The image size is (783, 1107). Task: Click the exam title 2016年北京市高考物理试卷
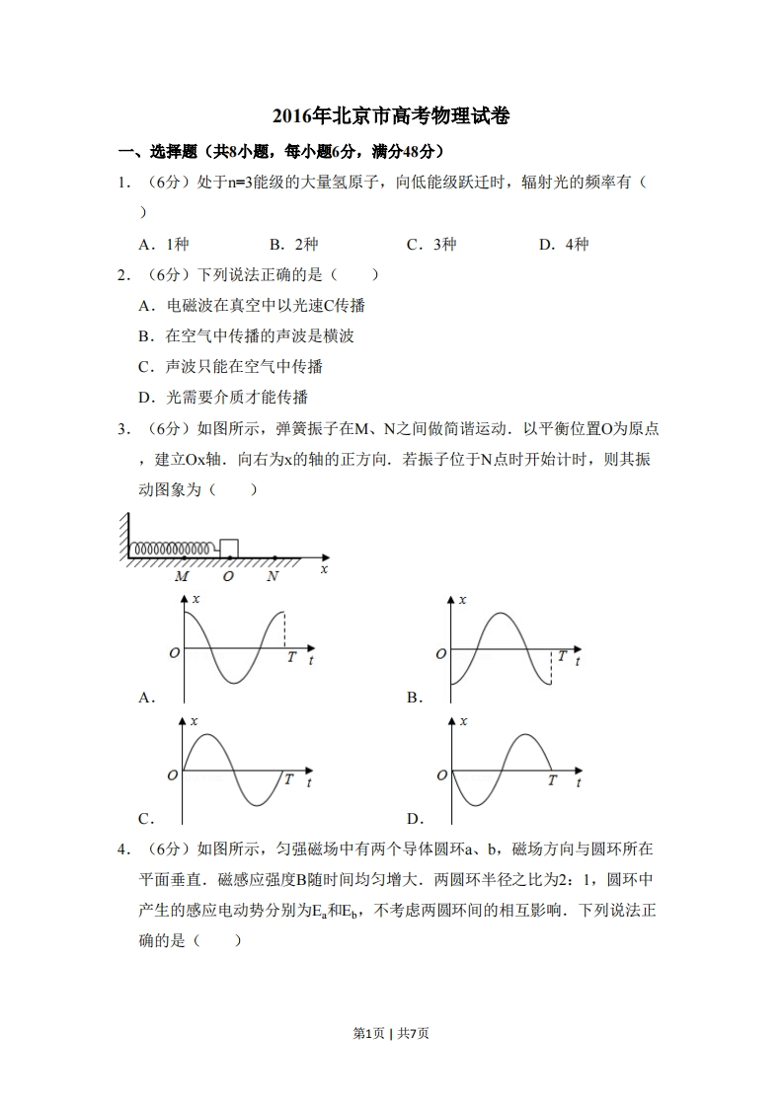coord(391,116)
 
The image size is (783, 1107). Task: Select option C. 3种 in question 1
coord(431,245)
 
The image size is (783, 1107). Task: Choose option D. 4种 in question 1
coord(564,245)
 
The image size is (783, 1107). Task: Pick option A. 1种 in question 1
coord(164,245)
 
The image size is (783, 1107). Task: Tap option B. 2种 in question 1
coord(293,245)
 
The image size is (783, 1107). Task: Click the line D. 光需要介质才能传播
coord(223,397)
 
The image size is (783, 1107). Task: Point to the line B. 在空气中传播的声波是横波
coord(246,335)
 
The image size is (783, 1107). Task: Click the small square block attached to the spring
coord(228,548)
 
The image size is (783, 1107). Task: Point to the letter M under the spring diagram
coord(182,576)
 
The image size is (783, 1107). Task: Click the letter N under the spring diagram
coord(273,576)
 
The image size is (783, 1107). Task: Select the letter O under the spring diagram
coord(228,576)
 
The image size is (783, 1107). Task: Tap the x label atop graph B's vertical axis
coord(463,600)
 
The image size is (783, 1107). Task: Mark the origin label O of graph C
coord(173,775)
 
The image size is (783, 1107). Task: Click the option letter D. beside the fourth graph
coord(416,818)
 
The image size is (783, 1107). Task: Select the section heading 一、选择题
coord(148,152)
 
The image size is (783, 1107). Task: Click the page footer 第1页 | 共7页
coord(391,1033)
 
